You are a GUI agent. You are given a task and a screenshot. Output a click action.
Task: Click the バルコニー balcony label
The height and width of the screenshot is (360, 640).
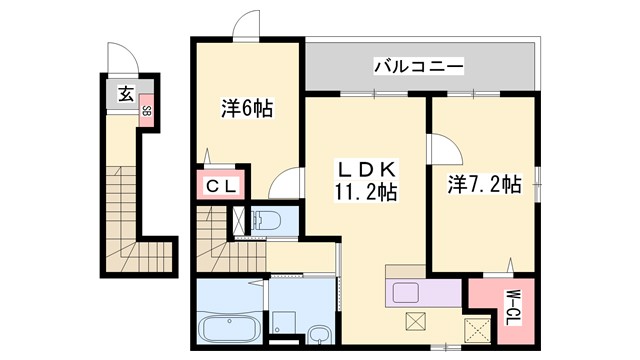coord(418,67)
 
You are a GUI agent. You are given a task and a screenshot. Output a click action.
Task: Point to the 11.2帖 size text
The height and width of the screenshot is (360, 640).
coord(366,193)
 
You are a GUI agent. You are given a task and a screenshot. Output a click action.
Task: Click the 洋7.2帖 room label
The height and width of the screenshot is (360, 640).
coord(483,184)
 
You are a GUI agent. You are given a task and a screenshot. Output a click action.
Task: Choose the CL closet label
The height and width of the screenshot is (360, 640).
coord(222,186)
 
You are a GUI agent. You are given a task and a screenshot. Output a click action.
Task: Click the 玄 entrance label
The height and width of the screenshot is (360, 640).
coord(126,94)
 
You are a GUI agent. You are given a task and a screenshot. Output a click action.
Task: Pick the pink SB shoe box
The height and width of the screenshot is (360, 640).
coord(147,111)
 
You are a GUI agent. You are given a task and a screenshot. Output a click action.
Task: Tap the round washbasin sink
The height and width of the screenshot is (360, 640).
coord(319,334)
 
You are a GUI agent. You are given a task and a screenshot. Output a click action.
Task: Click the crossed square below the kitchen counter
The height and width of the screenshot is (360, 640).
coord(415,322)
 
